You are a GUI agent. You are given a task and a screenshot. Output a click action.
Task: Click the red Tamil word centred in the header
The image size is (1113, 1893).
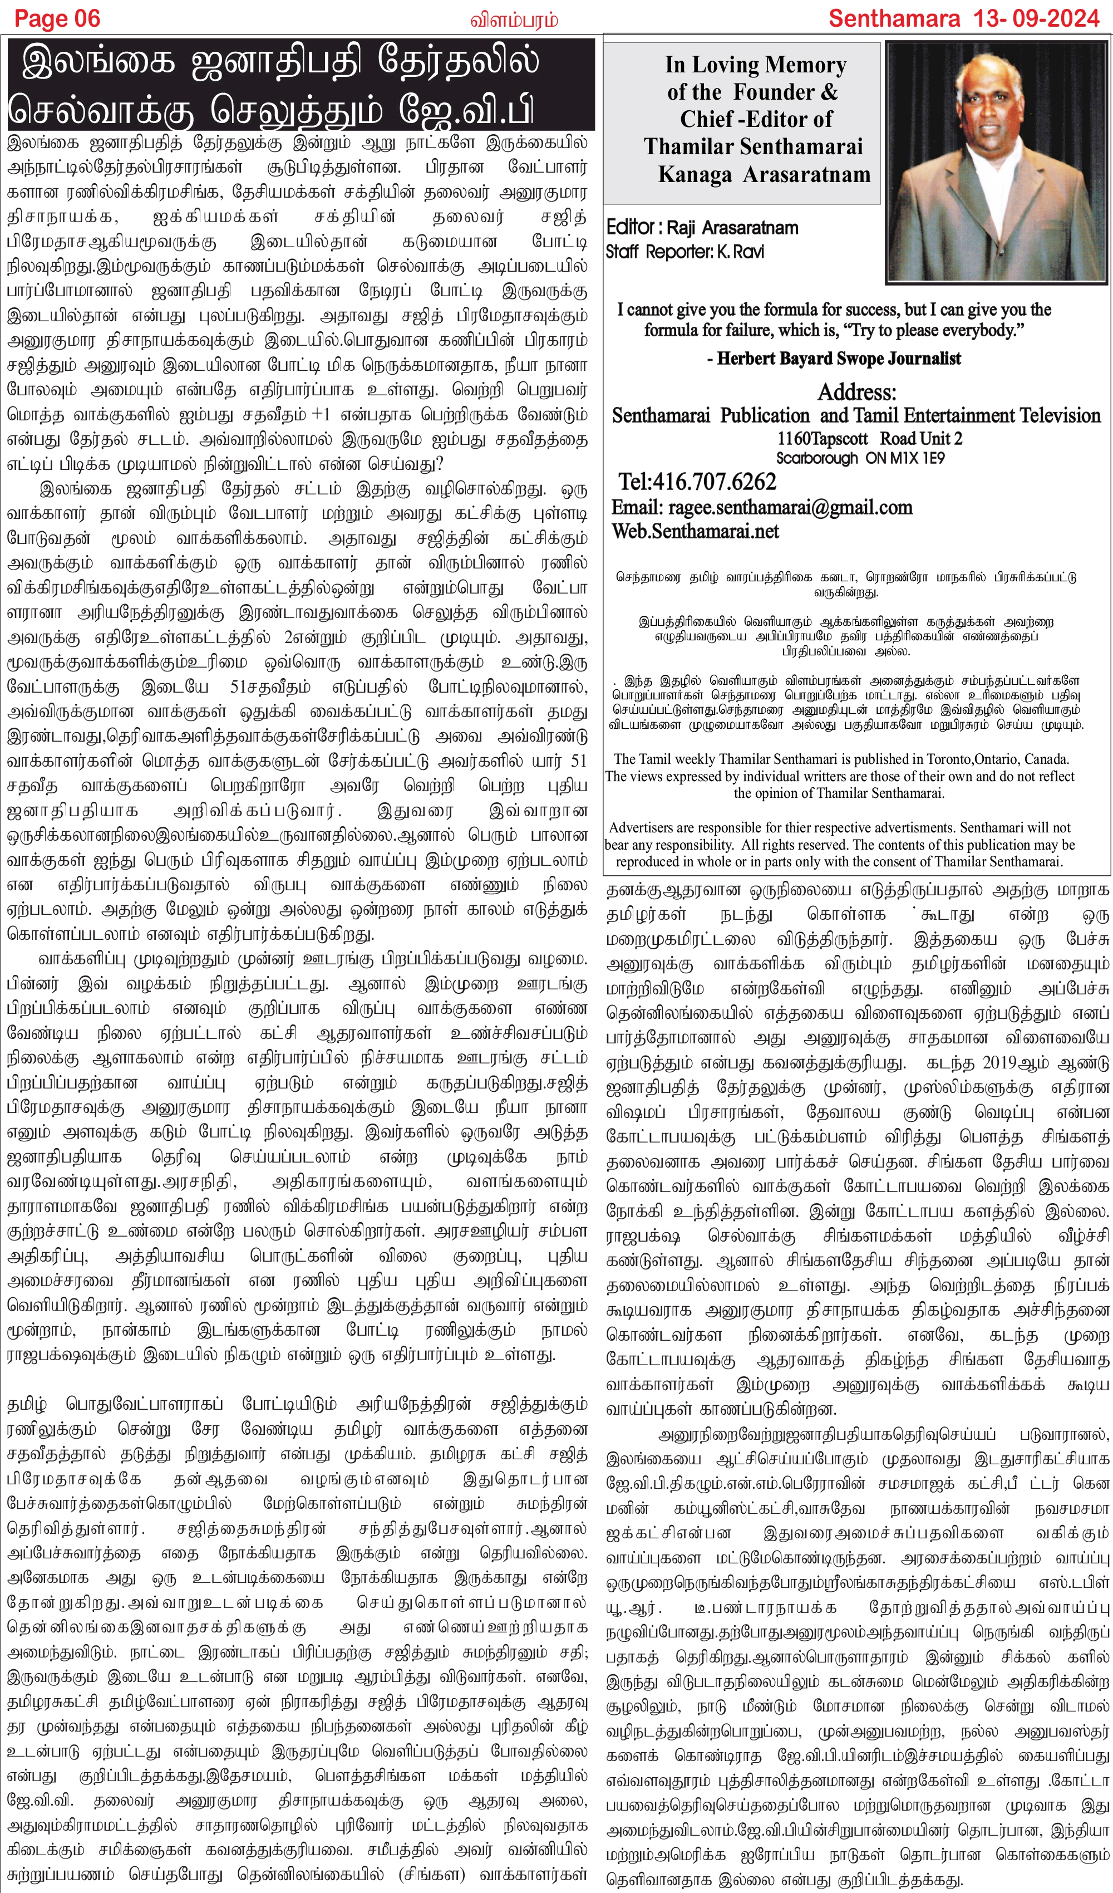[x=514, y=19]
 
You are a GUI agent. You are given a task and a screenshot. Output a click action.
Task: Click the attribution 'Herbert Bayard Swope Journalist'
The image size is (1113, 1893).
[x=838, y=359]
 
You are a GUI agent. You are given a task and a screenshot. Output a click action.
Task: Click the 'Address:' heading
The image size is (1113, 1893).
[x=856, y=391]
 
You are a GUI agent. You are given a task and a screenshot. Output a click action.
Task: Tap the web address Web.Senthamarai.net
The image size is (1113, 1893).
[x=695, y=531]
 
